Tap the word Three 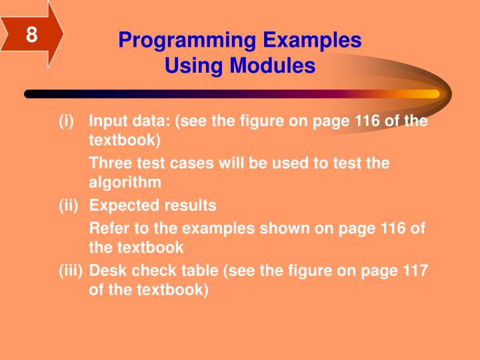111,163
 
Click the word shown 292,228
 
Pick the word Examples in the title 311,41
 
